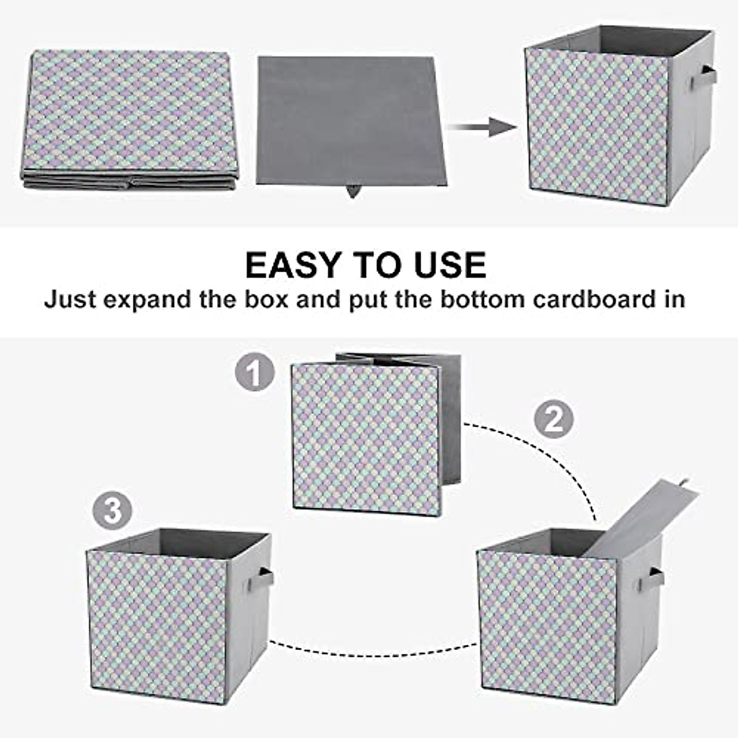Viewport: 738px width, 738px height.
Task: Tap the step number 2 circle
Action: [x=553, y=419]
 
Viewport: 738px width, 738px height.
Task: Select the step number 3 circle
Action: [x=112, y=510]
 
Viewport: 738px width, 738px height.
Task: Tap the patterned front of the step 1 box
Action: [x=367, y=438]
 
